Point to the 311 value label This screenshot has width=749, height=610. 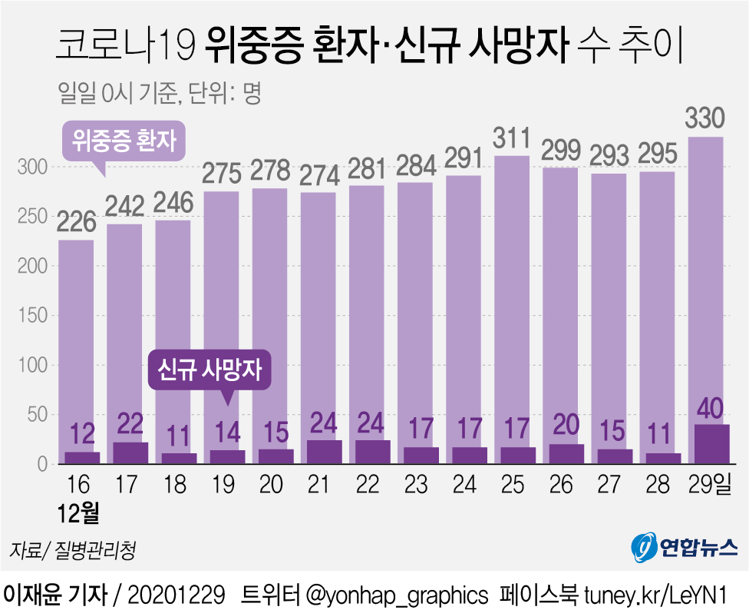[511, 139]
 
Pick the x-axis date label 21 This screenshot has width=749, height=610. [318, 486]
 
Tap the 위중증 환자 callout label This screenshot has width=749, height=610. [124, 141]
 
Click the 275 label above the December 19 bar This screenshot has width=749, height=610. [222, 173]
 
